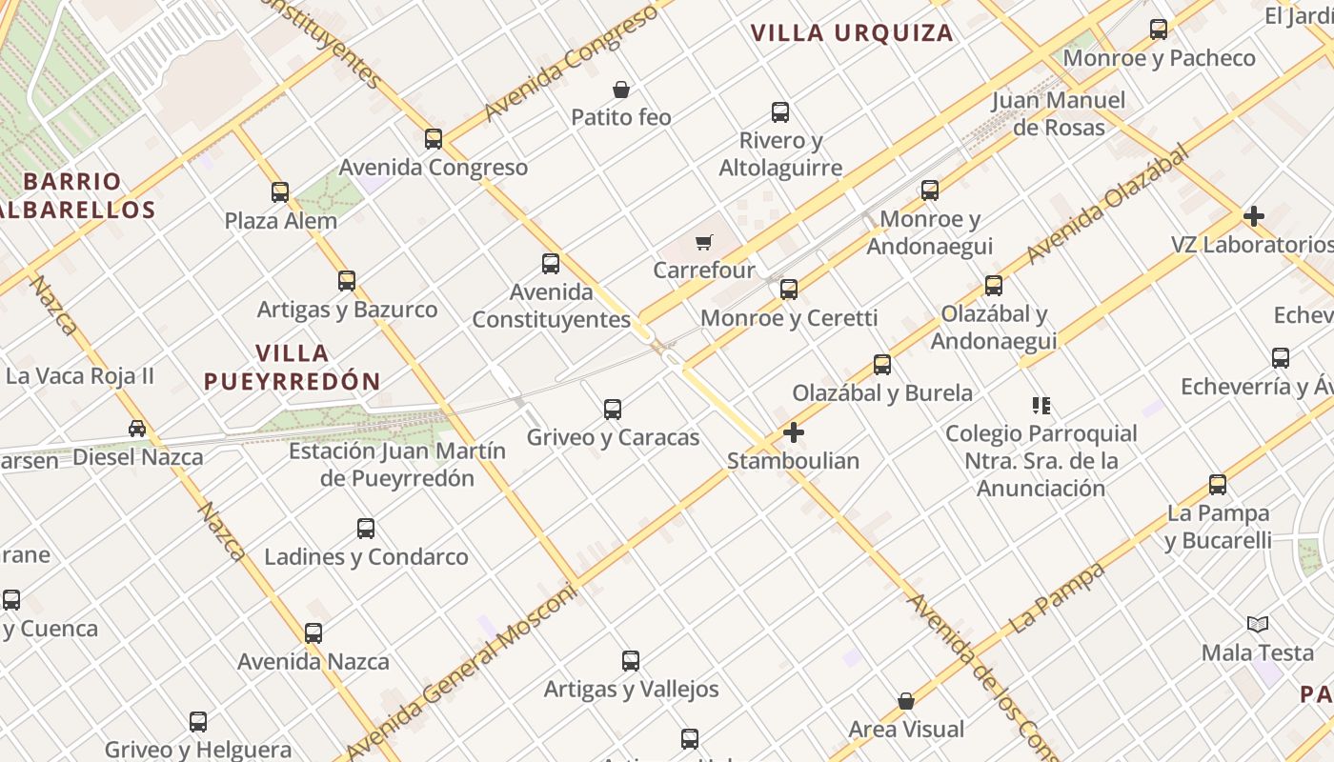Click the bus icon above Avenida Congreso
tap(434, 139)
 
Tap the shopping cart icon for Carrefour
tap(704, 243)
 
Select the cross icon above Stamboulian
tap(793, 433)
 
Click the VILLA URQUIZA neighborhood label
tap(852, 32)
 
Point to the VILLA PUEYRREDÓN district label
tap(293, 367)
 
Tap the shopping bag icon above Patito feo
tap(621, 90)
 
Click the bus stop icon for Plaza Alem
tap(280, 192)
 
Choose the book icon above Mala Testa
tap(1258, 625)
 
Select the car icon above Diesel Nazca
tap(137, 429)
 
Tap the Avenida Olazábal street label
tap(1108, 205)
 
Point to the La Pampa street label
tap(1058, 597)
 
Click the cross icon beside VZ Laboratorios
tap(1254, 216)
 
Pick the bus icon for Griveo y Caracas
tap(613, 410)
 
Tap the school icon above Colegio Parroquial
tap(1041, 406)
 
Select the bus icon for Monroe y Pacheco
tap(1159, 30)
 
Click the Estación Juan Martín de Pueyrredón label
tap(397, 464)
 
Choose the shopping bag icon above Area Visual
tap(906, 702)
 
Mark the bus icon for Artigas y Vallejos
tap(631, 661)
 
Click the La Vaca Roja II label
tap(80, 375)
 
